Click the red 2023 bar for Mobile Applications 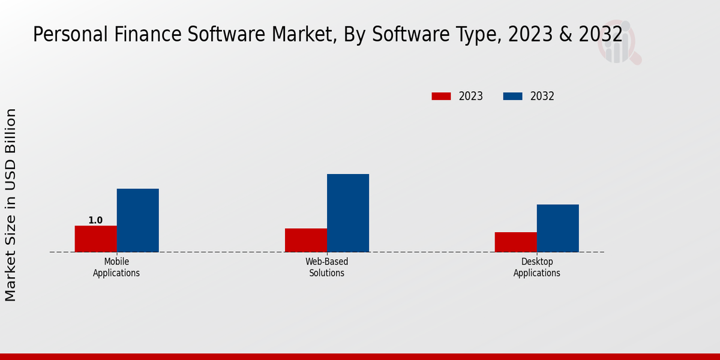[x=95, y=239]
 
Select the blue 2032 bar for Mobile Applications [x=137, y=220]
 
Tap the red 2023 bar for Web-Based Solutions [x=305, y=240]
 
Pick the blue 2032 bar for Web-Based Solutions [x=347, y=213]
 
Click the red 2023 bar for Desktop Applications [x=515, y=242]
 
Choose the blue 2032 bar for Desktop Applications [x=557, y=228]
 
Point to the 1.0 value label [x=95, y=220]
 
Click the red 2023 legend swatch [x=441, y=96]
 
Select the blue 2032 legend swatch [x=512, y=96]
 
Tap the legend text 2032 [x=542, y=96]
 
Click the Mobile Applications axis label [x=116, y=267]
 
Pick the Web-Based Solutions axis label [x=326, y=267]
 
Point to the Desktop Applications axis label [x=536, y=267]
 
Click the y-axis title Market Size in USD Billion [x=11, y=205]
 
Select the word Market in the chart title [x=302, y=35]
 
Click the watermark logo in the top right [x=619, y=42]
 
